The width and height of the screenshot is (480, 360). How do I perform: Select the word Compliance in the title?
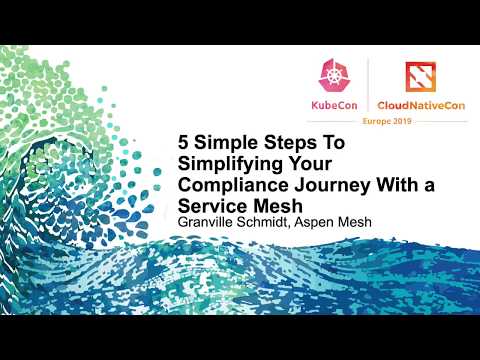click(x=225, y=185)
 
